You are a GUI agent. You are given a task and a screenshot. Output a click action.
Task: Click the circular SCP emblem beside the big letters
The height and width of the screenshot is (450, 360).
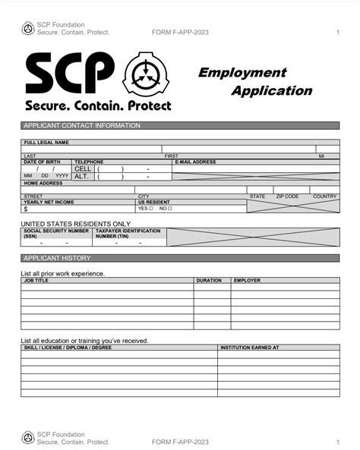click(x=143, y=74)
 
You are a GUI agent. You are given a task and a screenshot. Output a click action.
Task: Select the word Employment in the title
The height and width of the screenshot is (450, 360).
click(x=242, y=73)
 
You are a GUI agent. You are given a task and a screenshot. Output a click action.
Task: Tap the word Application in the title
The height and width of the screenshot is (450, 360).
click(x=271, y=90)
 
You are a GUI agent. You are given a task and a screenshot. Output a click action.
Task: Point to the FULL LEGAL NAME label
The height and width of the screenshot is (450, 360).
click(x=46, y=142)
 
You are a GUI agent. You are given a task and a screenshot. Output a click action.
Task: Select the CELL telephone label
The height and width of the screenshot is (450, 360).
click(x=82, y=168)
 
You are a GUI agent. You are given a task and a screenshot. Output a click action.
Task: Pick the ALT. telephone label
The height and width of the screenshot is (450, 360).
click(x=82, y=176)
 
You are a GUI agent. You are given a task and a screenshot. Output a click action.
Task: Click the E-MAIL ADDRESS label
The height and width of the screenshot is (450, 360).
click(x=195, y=162)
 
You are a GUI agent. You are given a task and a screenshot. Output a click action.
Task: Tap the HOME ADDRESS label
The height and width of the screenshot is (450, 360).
click(x=43, y=183)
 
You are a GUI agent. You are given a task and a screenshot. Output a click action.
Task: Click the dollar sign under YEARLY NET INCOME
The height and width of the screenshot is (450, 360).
click(x=26, y=209)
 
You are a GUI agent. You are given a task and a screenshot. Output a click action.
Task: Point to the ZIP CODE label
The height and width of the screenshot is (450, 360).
click(x=287, y=197)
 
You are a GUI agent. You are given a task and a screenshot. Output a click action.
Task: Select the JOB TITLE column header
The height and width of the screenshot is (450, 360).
click(x=36, y=280)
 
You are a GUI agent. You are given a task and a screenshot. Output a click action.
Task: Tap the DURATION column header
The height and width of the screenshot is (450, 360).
click(x=209, y=280)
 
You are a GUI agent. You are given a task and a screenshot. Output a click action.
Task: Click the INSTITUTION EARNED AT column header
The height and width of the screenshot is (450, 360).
click(x=249, y=348)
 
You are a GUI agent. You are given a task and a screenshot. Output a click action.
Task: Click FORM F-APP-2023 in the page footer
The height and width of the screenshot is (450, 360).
click(x=180, y=442)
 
